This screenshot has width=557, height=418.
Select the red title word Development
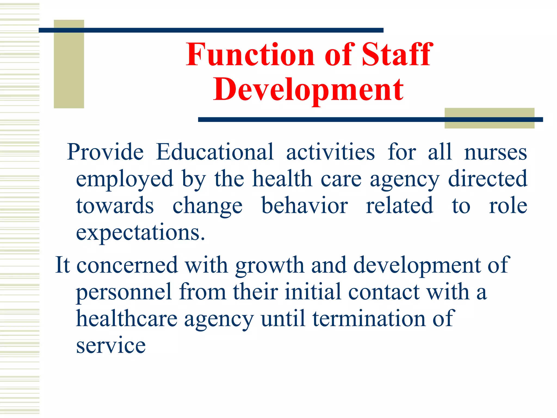click(308, 90)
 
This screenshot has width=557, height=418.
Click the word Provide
click(105, 152)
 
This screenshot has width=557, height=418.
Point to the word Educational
click(215, 152)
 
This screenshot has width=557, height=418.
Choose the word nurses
click(496, 152)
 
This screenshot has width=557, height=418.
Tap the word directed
click(488, 179)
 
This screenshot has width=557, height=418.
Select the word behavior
click(305, 205)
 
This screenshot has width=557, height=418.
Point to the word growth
click(270, 265)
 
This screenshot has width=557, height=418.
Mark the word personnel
click(124, 292)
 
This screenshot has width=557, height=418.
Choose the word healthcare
click(127, 319)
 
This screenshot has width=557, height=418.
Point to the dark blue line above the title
click(211, 30)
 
